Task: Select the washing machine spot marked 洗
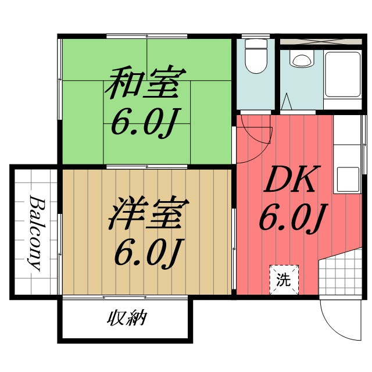(283, 280)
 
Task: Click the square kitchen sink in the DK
(348, 177)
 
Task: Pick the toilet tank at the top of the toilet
(254, 46)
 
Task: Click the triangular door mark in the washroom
(287, 102)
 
